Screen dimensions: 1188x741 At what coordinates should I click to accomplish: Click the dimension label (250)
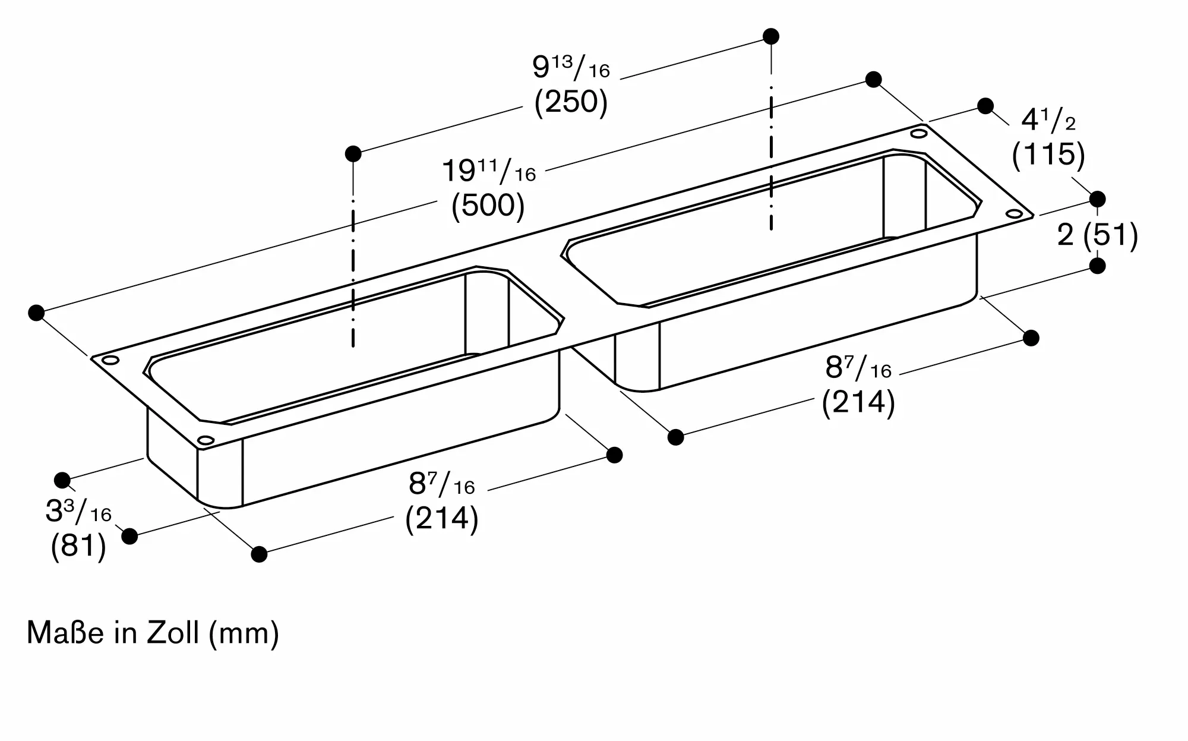coord(571,102)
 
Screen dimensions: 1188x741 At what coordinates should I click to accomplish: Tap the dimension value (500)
coord(488,206)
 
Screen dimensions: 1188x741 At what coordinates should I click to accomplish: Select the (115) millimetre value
coord(1048,154)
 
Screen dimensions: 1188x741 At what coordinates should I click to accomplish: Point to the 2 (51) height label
coord(1097,235)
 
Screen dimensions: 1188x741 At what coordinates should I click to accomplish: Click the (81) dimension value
coord(78,545)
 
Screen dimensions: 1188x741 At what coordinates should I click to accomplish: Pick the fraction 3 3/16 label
coord(78,512)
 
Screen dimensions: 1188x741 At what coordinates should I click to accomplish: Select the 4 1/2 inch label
coord(1048,121)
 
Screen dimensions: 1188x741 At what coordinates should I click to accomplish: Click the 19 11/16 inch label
coord(488,172)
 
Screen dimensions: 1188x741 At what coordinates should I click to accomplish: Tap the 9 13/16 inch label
coord(571,68)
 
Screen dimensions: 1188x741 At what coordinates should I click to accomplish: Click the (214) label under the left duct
coord(441,519)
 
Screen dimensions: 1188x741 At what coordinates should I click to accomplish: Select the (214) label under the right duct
coord(858,402)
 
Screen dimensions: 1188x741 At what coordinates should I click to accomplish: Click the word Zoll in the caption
coord(172,633)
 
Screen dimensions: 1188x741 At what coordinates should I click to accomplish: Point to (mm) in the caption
coord(244,633)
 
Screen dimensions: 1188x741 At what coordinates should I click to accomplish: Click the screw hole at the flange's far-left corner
coord(110,360)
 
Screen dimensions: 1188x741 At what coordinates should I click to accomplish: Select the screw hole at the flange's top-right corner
coord(919,134)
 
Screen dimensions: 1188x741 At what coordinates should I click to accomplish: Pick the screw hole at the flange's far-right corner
coord(1014,213)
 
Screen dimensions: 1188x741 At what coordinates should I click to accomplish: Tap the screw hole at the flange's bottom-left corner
coord(206,440)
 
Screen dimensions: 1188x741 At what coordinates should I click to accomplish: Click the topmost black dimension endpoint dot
coord(771,36)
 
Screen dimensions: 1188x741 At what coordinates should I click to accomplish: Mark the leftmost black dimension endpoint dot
coord(36,313)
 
